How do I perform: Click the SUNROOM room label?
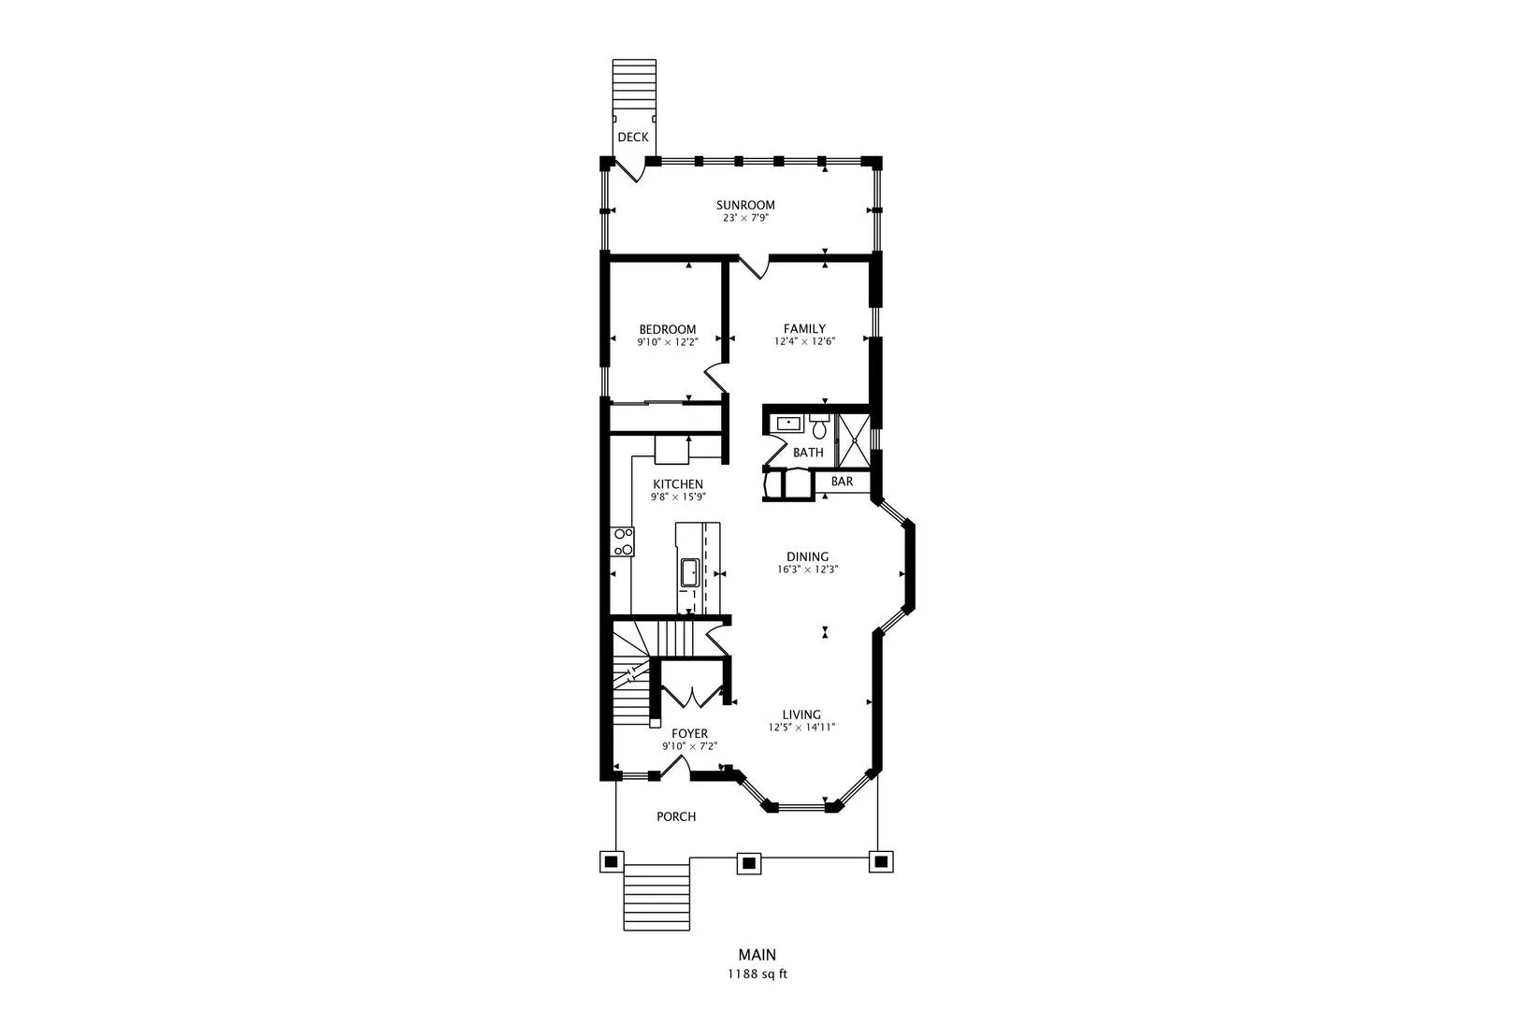click(745, 205)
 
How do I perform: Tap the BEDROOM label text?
click(668, 329)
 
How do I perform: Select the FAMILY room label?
click(805, 329)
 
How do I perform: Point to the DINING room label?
click(808, 556)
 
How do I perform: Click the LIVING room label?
click(801, 714)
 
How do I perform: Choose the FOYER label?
click(690, 733)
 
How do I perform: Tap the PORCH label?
click(676, 816)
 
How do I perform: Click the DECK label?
click(633, 137)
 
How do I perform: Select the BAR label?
click(842, 482)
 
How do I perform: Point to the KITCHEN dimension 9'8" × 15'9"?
click(678, 497)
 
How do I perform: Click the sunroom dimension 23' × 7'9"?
click(745, 218)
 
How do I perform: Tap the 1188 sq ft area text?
click(757, 974)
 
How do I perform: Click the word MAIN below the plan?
click(757, 955)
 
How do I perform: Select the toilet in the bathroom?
click(819, 426)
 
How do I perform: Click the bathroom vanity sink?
click(788, 425)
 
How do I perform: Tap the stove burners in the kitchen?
click(623, 541)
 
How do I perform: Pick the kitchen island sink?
click(689, 573)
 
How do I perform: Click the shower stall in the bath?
click(854, 440)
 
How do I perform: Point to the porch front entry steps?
click(656, 897)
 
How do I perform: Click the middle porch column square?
click(748, 863)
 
